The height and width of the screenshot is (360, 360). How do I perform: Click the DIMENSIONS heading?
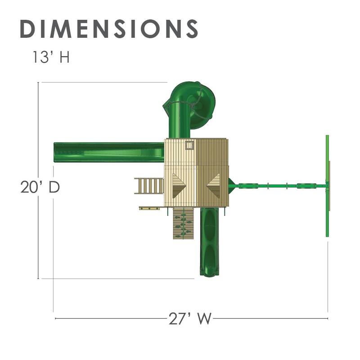pos(109,29)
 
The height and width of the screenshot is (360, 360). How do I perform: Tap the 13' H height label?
pos(51,57)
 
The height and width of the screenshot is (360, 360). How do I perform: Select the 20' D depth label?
pos(40,187)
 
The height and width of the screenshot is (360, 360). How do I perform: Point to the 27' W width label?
pos(190,319)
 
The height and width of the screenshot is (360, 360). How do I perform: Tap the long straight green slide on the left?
pos(109,152)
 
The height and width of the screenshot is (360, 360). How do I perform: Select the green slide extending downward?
pos(209,242)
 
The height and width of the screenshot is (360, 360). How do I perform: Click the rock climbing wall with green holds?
pos(184,223)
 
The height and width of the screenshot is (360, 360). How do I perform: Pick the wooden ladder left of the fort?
pos(149,186)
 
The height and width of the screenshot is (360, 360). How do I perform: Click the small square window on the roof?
pos(189,145)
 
